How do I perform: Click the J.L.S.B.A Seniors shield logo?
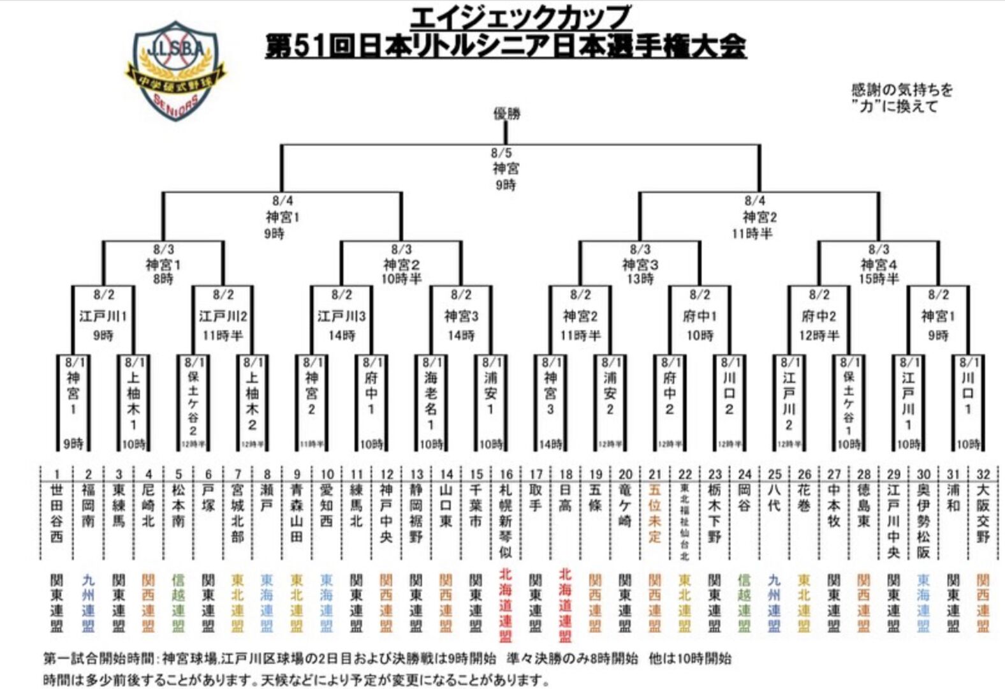tap(175, 71)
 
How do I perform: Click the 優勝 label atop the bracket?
tap(507, 114)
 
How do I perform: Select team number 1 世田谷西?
tap(57, 514)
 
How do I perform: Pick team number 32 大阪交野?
tap(983, 514)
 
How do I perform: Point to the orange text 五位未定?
tap(655, 514)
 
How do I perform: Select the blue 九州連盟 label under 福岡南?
tap(88, 602)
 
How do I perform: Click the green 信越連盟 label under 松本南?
tap(178, 602)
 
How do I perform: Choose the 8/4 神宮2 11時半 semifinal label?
tap(754, 217)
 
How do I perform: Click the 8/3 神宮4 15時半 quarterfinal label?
tap(879, 263)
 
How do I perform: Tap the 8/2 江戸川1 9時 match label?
tap(103, 315)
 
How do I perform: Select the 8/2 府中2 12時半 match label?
tap(819, 315)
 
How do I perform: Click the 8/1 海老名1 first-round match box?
tap(431, 402)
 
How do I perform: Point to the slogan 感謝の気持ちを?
tap(902, 90)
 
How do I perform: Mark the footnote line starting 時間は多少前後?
tap(297, 680)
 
